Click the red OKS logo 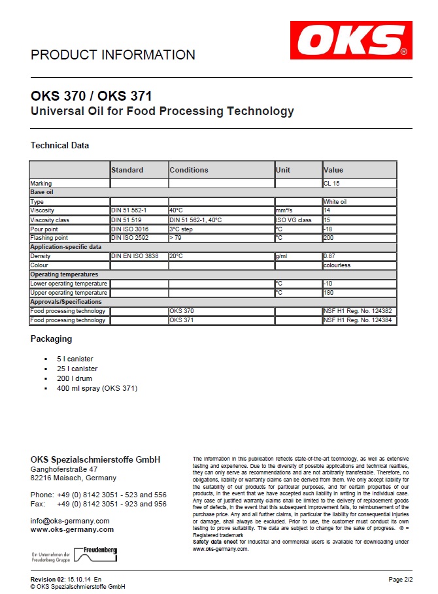point(351,40)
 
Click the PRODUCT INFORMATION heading point(113,55)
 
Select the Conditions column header point(189,170)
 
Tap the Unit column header point(283,170)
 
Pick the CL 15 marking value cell point(332,184)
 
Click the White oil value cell point(335,202)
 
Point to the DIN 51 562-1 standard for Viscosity point(129,211)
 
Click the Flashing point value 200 point(328,239)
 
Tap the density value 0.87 point(329,256)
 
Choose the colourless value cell point(337,265)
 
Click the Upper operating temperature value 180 point(328,293)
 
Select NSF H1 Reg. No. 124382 point(358,311)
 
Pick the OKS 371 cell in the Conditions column point(182,320)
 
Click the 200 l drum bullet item point(75,378)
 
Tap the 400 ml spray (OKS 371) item point(97,388)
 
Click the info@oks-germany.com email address point(70,521)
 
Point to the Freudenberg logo point(95,554)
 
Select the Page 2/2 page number point(400,580)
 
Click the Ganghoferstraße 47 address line point(64,469)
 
